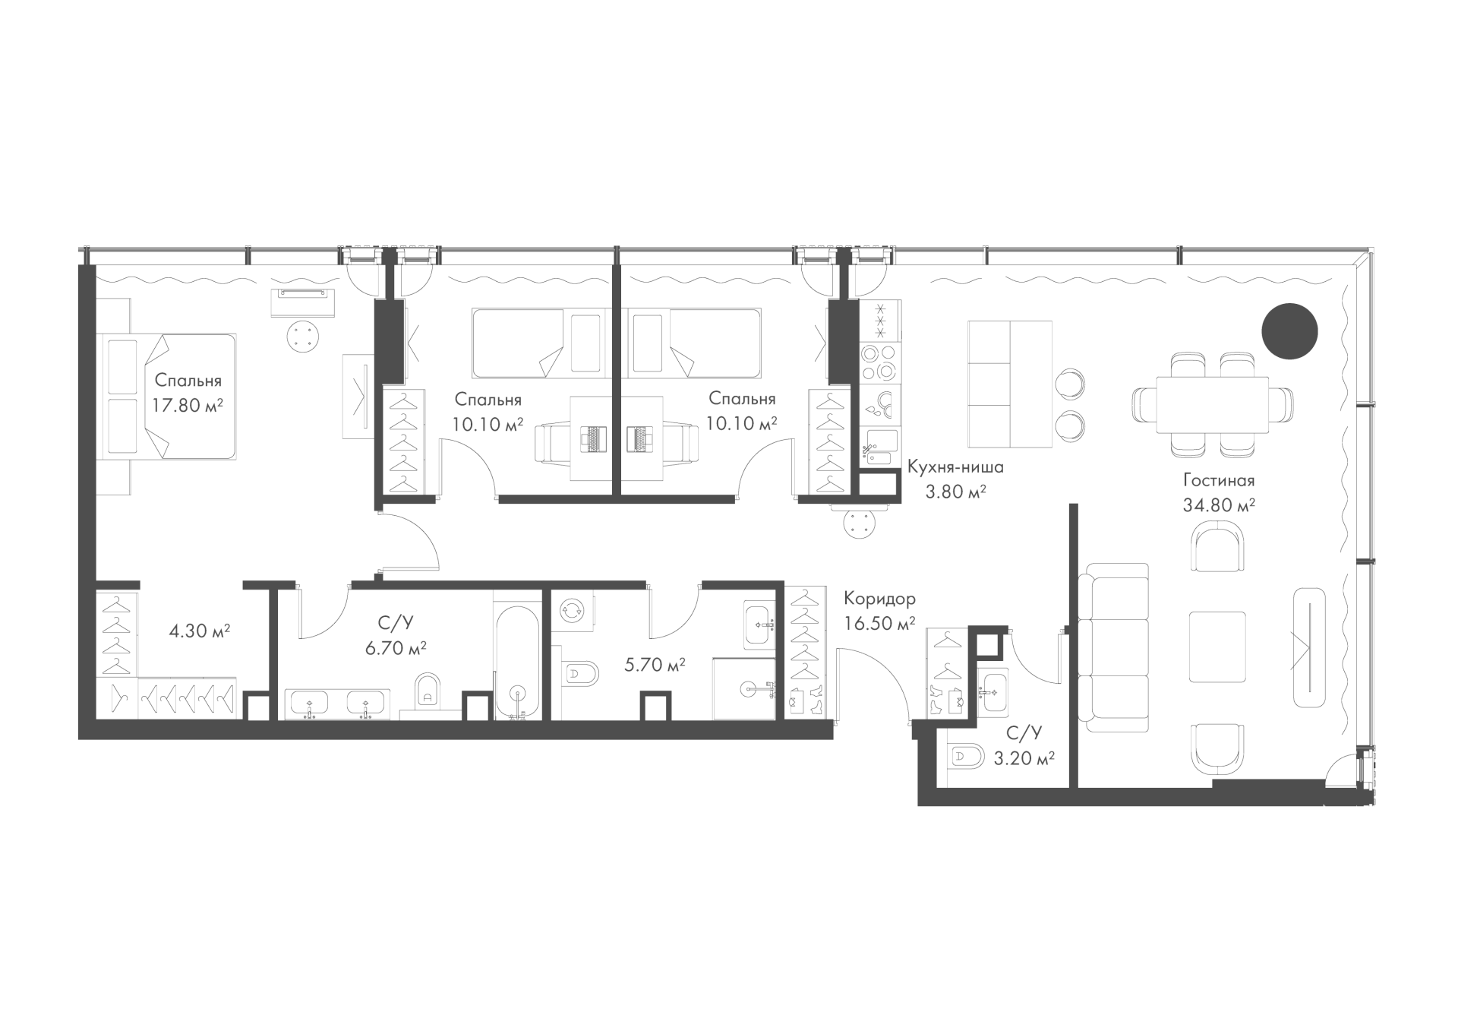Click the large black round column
[x=1289, y=331]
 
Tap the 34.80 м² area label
[x=1219, y=504]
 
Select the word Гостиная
[x=1219, y=480]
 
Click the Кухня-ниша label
[x=955, y=467]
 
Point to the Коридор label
[x=879, y=599]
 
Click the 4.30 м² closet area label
[x=200, y=631]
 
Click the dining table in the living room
[x=1212, y=405]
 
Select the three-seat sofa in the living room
[x=1117, y=647]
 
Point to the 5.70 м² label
[x=655, y=666]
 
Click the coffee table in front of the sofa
[x=1217, y=647]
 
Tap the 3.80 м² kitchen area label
[x=955, y=492]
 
